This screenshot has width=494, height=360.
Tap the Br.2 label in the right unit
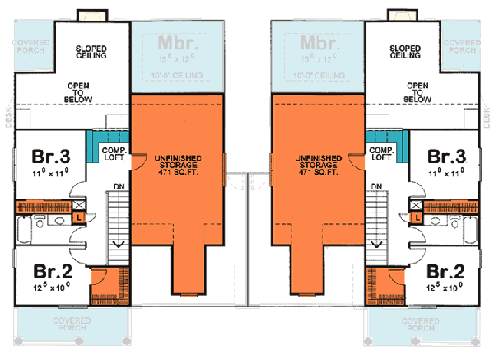pyautogui.click(x=445, y=272)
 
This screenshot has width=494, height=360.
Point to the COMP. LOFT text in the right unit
pyautogui.click(x=380, y=154)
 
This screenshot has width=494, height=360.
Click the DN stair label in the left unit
pyautogui.click(x=119, y=187)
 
